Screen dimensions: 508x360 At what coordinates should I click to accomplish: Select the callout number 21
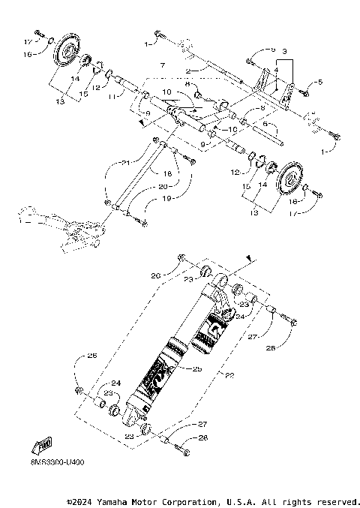pos(126,163)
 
